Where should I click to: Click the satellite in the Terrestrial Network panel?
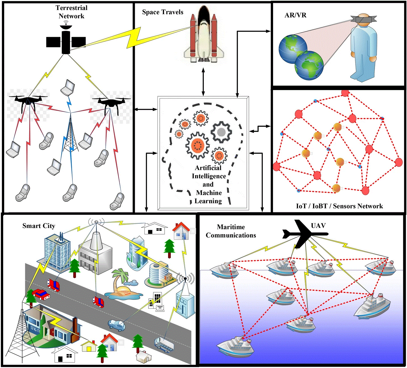[x=66, y=41]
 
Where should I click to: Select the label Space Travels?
[x=163, y=12]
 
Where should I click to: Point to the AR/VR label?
[x=295, y=15]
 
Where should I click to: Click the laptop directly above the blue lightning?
[x=68, y=87]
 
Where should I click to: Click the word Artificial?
[x=208, y=168]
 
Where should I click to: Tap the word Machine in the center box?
[x=209, y=193]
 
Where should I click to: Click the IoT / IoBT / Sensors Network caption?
[x=339, y=206]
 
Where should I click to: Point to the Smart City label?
[x=39, y=226]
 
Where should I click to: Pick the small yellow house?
[x=89, y=346]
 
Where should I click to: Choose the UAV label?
[x=318, y=226]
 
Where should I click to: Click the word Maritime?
[x=231, y=227]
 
